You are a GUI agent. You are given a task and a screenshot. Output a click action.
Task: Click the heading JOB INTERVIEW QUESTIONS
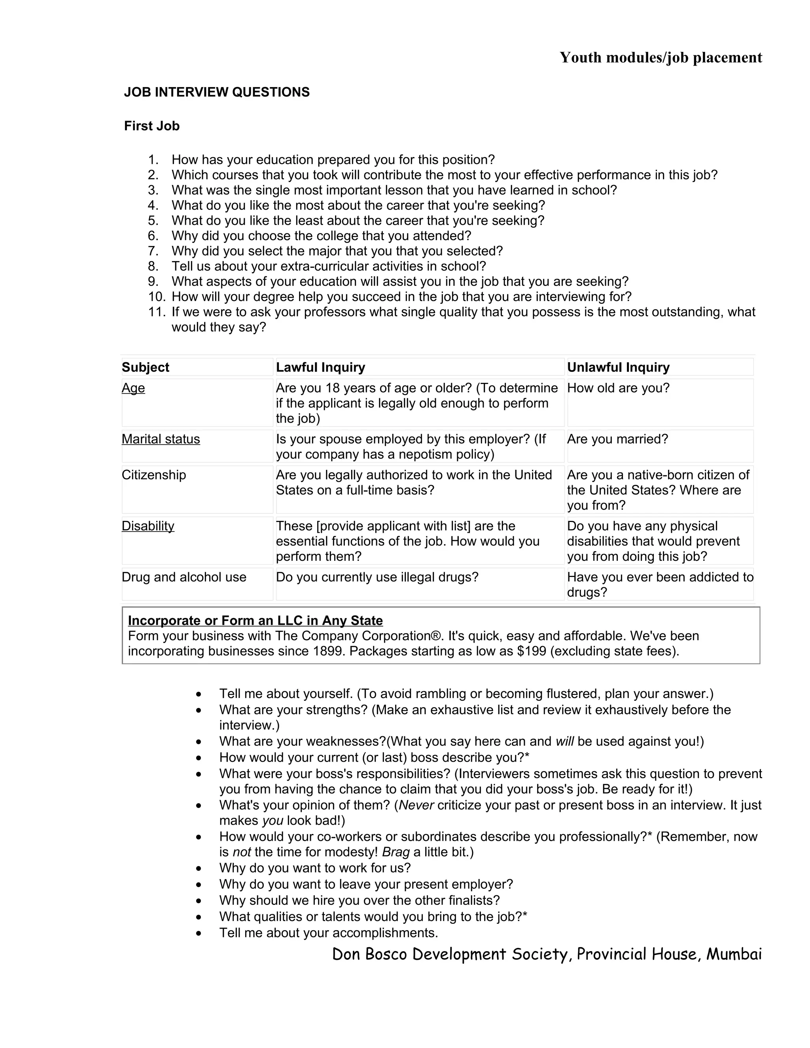(x=216, y=92)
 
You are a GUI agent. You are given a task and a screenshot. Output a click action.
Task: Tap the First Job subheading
(x=151, y=126)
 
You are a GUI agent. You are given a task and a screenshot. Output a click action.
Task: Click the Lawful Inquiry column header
(x=320, y=367)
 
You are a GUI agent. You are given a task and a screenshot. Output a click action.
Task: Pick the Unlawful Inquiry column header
(x=618, y=367)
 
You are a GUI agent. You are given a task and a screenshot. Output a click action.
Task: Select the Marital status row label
(x=160, y=439)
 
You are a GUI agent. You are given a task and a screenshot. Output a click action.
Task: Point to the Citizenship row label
(x=153, y=475)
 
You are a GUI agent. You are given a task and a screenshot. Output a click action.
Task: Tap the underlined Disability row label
(x=148, y=526)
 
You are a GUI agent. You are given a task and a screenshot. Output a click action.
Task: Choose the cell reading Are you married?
(x=617, y=439)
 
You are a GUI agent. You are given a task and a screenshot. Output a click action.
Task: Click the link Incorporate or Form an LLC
(x=255, y=620)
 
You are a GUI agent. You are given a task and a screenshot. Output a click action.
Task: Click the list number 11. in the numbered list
(x=157, y=312)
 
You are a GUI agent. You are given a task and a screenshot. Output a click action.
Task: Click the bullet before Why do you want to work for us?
(x=199, y=868)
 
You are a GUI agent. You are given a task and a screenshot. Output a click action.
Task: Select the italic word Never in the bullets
(x=416, y=805)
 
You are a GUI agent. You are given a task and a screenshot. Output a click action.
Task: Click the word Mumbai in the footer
(x=734, y=953)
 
